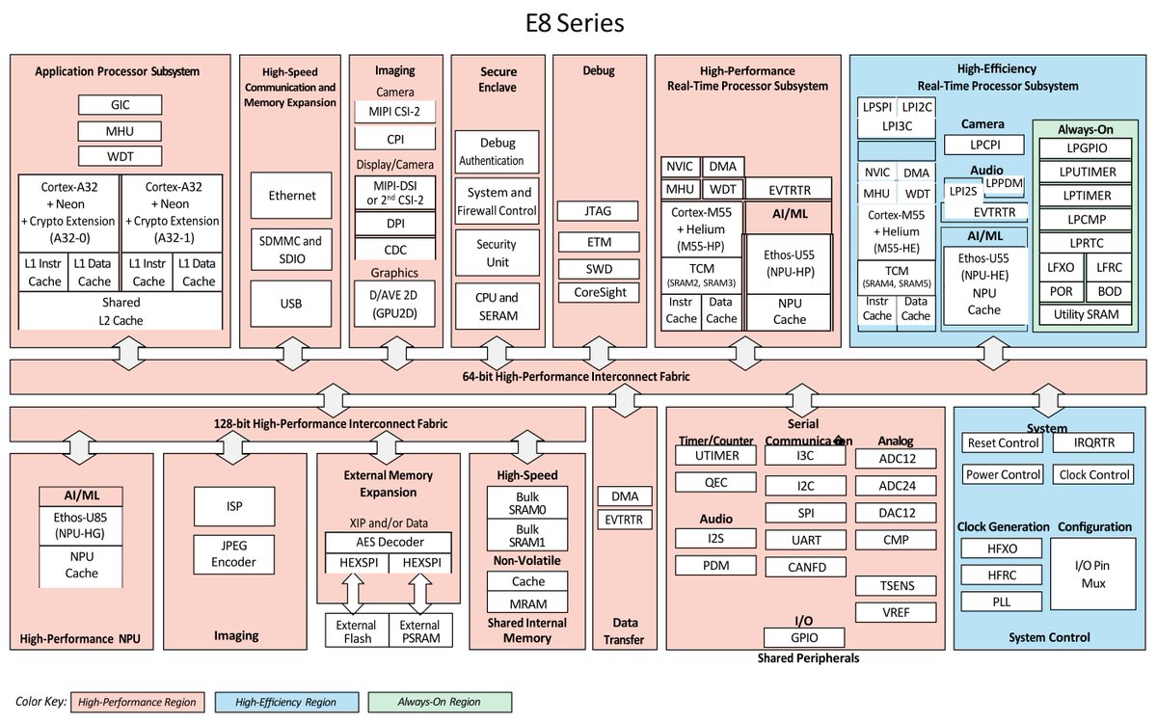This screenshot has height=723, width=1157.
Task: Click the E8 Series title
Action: click(578, 22)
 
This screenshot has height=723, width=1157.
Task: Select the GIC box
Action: click(121, 105)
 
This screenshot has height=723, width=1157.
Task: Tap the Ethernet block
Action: click(292, 196)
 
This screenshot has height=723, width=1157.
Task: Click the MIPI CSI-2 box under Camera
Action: click(395, 112)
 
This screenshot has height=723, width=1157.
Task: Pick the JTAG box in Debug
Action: click(598, 211)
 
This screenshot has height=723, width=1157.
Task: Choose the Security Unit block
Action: click(497, 254)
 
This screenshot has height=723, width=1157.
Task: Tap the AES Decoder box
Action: click(388, 542)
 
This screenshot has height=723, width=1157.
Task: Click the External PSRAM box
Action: click(420, 632)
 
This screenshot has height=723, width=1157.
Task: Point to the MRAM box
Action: click(527, 603)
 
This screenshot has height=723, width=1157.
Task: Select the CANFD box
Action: click(805, 567)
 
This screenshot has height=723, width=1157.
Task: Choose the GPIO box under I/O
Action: click(804, 637)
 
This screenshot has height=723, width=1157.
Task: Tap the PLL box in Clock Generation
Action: click(1003, 602)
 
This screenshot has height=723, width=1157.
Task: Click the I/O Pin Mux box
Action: click(1092, 576)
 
